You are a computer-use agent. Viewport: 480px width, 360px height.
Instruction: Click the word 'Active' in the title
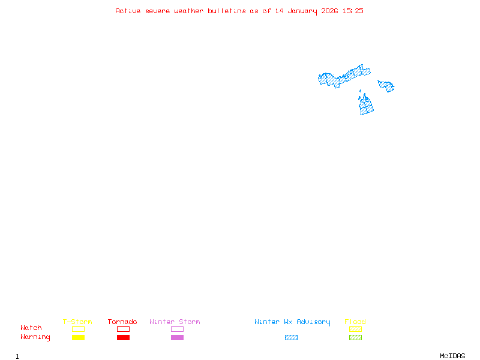[128, 11]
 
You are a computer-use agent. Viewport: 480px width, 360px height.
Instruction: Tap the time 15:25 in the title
[353, 11]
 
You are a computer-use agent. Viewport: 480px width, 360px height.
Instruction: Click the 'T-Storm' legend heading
[77, 322]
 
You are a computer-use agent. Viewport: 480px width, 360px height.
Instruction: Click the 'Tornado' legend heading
[122, 322]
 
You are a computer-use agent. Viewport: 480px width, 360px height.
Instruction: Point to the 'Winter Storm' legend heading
[175, 322]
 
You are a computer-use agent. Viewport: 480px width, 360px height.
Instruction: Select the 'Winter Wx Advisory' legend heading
[292, 322]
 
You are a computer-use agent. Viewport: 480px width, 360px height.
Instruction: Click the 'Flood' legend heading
[355, 322]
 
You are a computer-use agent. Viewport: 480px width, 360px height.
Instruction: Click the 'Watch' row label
[31, 328]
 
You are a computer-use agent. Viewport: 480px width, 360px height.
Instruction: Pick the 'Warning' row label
[35, 337]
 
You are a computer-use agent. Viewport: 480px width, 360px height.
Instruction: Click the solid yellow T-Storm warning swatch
[78, 338]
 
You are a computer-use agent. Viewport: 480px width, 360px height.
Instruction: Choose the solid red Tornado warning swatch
[123, 338]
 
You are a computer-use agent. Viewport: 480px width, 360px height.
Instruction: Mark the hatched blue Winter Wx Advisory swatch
[291, 338]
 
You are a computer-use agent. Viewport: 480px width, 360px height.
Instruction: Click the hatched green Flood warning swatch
[355, 338]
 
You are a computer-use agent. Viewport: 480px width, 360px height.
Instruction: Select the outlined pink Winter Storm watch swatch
[177, 329]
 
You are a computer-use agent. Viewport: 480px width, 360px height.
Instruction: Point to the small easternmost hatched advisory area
[386, 86]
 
